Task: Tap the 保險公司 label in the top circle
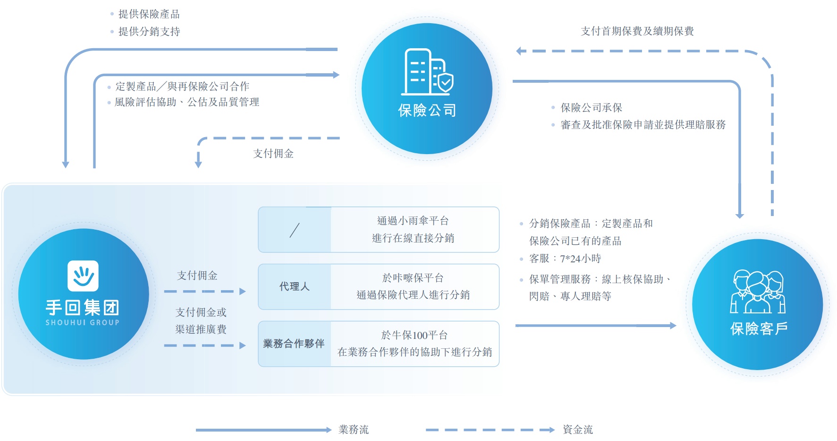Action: point(427,111)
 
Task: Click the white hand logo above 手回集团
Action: point(83,276)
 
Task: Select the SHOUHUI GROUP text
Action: point(83,322)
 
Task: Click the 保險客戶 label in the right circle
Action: point(759,329)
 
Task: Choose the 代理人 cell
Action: point(295,286)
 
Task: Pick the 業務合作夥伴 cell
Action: point(294,344)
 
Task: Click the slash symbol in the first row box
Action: point(295,230)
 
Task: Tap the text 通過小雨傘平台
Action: point(413,221)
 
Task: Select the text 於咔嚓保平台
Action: point(413,278)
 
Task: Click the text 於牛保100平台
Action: point(414,335)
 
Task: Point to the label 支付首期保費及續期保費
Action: point(637,31)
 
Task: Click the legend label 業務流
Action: point(354,430)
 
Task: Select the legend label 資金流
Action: point(577,430)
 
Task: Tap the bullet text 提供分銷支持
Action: point(149,32)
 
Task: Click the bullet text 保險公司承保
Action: point(591,108)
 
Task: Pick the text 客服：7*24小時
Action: point(565,259)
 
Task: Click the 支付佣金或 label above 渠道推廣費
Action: point(201,312)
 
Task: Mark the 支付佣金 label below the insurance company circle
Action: point(273,154)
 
